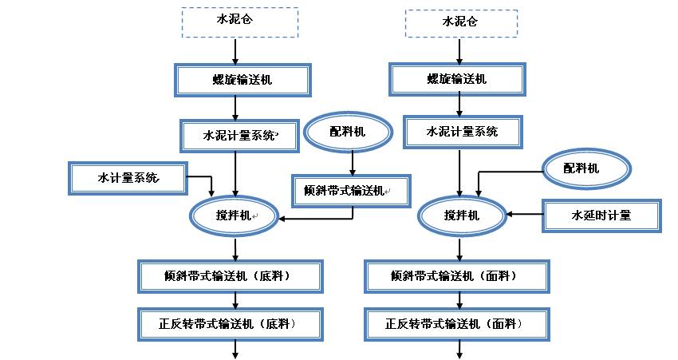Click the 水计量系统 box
point(128,177)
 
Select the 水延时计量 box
point(601,216)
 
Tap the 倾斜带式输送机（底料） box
point(230,276)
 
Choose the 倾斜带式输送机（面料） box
point(457,276)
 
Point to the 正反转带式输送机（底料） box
point(230,323)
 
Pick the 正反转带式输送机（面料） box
point(457,323)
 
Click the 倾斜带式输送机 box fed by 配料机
point(350,192)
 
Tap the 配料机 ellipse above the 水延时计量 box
point(585,169)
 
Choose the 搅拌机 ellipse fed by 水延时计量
point(462,216)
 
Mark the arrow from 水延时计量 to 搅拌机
point(525,214)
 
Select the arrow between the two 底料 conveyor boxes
point(235,301)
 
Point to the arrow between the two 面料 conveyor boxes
point(459,301)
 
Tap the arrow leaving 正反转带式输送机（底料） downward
point(235,349)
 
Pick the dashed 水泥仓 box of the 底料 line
point(240,23)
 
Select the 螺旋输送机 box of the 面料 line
point(457,79)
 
